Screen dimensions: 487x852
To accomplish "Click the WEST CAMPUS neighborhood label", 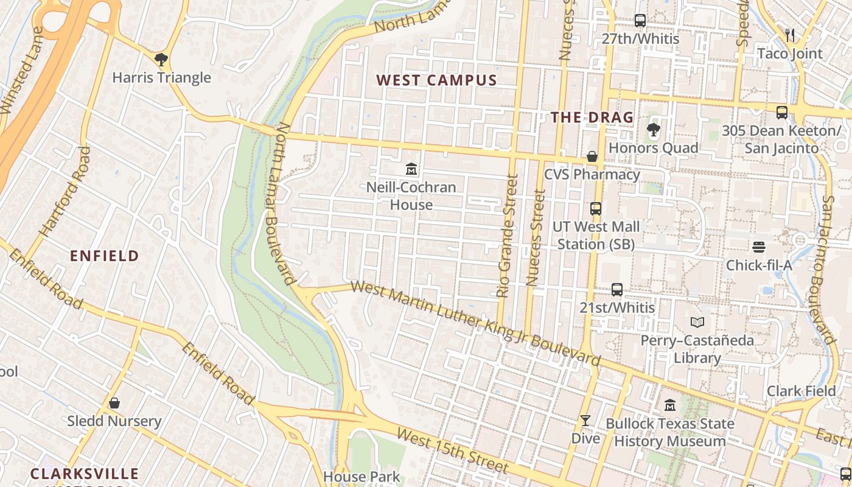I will point(436,80).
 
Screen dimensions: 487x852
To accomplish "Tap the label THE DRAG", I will point(592,117).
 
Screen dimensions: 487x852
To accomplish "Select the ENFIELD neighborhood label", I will point(105,256).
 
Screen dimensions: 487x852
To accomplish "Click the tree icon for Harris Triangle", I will point(161,60).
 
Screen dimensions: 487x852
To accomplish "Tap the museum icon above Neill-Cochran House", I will point(411,169).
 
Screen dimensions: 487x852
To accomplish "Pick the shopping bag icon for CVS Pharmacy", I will point(592,156).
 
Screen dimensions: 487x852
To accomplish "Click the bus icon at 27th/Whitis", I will point(640,21).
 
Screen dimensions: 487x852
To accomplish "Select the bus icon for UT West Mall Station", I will point(595,209).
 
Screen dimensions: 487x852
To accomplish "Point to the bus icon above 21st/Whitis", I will point(617,290).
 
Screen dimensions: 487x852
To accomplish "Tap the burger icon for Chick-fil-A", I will point(758,247).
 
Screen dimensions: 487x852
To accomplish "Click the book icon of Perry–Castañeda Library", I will point(697,322).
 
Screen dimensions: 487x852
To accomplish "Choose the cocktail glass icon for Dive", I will point(585,421).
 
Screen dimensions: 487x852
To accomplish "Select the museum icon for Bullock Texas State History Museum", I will point(670,405).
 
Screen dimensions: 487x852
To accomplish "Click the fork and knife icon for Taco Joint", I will point(790,35).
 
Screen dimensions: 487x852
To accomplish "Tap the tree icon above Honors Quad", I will point(653,130).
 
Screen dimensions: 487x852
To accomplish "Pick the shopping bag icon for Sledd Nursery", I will point(114,403).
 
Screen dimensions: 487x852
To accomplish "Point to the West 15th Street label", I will point(452,451).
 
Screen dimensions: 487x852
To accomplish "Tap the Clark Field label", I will point(801,391).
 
